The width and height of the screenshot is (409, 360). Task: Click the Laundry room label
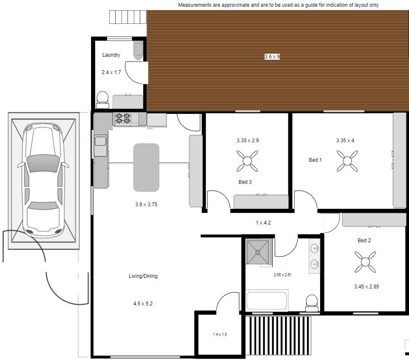point(111,55)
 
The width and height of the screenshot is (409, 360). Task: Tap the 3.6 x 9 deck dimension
point(272,57)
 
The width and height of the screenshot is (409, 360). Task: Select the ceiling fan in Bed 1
point(347,161)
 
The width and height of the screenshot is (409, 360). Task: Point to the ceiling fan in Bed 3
point(247,161)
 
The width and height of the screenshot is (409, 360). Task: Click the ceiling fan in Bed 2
point(365,262)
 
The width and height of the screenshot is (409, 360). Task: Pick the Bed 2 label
point(364,241)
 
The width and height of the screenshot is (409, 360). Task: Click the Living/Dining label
point(143,276)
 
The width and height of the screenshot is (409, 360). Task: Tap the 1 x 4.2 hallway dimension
point(263,223)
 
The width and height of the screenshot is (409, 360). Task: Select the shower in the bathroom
point(258,252)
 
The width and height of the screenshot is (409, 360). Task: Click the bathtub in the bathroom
point(267,300)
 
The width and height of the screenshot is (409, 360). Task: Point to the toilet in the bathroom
point(312,303)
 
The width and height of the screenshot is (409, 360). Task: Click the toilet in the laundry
point(102,100)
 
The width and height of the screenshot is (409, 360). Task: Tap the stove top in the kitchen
point(123,118)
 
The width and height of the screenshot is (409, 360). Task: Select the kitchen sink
point(100,141)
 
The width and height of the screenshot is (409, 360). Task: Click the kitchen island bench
point(146,167)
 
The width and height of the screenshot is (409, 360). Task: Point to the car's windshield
point(43,163)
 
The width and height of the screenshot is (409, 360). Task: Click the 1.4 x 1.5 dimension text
point(220,335)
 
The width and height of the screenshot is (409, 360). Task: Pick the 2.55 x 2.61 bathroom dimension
point(283,275)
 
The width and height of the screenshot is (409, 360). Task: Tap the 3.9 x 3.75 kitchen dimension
point(146,205)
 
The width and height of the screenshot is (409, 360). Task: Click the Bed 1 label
point(315,160)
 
